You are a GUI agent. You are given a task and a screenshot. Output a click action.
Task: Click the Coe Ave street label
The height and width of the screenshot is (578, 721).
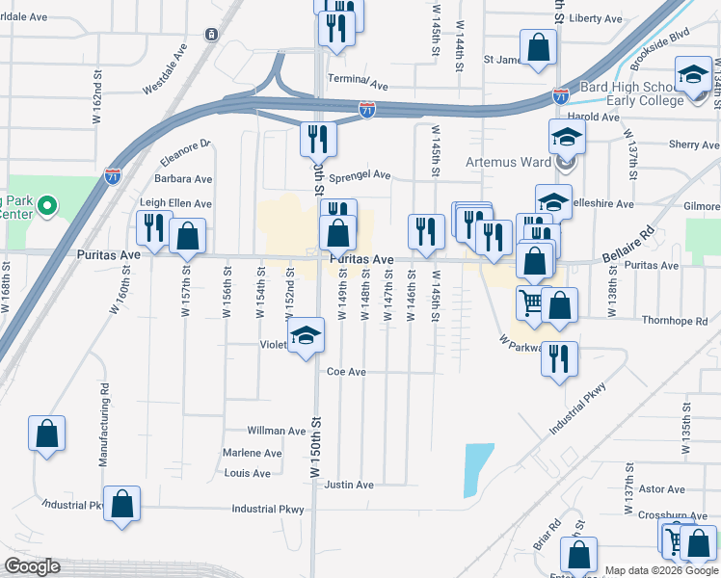click(x=347, y=372)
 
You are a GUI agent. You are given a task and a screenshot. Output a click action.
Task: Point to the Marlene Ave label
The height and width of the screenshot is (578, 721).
click(x=252, y=453)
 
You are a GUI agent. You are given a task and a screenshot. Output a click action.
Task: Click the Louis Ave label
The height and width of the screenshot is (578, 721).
click(x=247, y=473)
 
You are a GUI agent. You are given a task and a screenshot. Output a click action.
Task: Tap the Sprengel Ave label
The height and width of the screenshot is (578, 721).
click(x=360, y=176)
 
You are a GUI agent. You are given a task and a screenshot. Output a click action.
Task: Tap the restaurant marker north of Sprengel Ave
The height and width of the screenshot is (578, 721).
click(x=317, y=140)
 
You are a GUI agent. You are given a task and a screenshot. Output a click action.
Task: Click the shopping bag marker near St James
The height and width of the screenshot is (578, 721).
click(x=538, y=46)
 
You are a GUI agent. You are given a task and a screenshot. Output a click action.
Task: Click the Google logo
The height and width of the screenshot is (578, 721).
click(x=33, y=566)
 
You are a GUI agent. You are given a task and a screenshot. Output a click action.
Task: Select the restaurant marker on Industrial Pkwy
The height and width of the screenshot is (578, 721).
click(x=559, y=358)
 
